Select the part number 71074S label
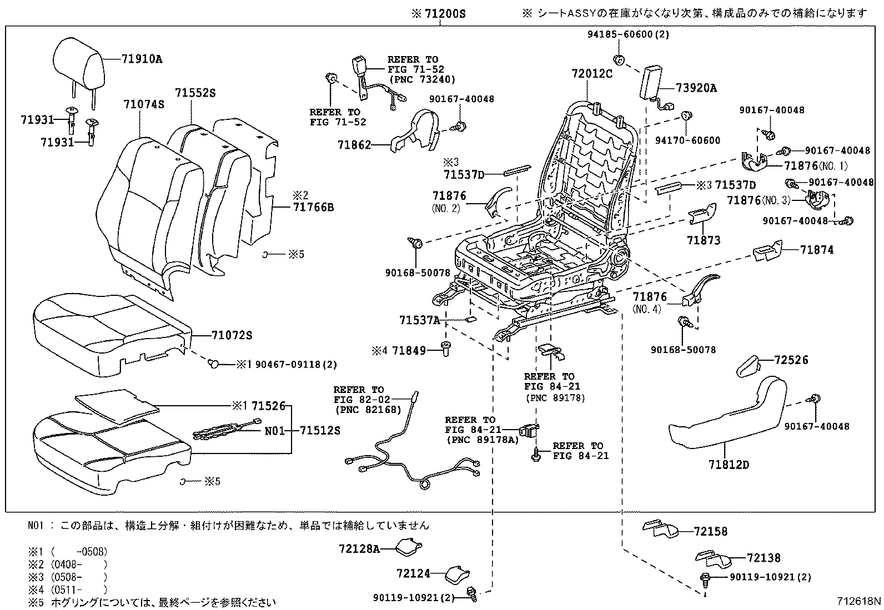click(x=144, y=104)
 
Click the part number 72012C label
click(x=592, y=73)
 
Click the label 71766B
click(x=313, y=208)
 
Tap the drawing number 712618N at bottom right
click(x=860, y=601)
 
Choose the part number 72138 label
click(x=764, y=558)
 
